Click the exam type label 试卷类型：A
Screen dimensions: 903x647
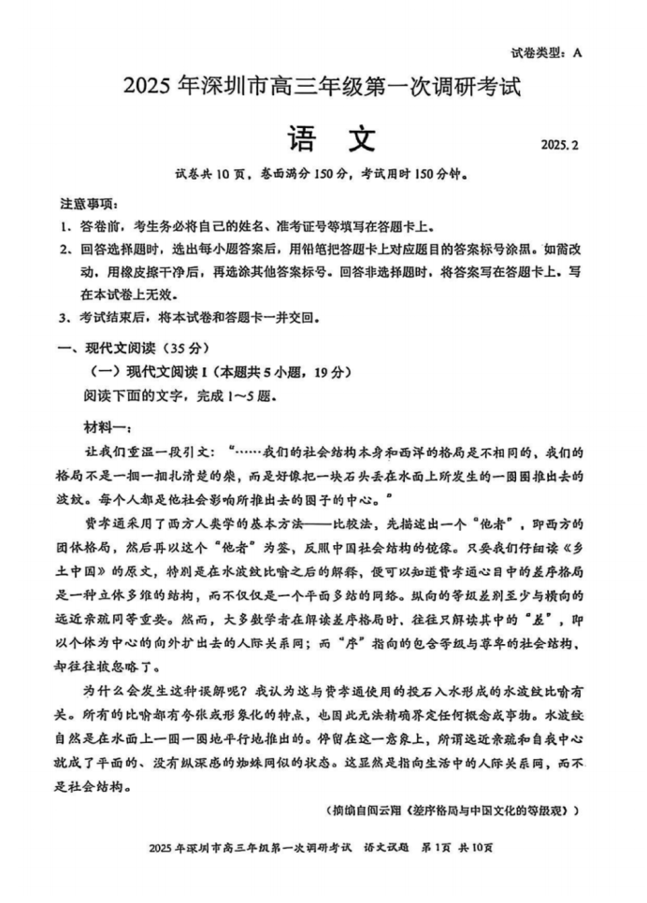pyautogui.click(x=547, y=53)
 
